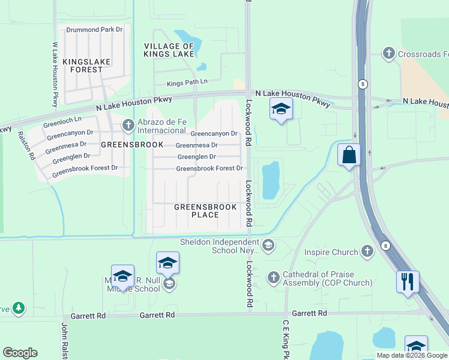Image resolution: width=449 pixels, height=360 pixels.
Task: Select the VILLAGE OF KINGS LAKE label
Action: tap(169, 50)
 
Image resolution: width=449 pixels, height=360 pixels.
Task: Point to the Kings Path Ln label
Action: tap(187, 82)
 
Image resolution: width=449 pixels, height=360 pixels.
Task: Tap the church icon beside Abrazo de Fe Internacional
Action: tap(128, 125)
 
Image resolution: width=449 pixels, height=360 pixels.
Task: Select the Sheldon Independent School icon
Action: tap(268, 245)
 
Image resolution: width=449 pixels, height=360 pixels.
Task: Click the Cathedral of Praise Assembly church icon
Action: tap(274, 277)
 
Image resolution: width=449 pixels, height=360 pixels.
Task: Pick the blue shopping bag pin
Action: tap(349, 156)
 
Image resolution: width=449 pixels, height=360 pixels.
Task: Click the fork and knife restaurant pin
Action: tap(408, 281)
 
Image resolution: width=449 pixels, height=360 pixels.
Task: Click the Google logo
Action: tap(20, 353)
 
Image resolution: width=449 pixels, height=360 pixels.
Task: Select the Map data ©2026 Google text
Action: tap(412, 355)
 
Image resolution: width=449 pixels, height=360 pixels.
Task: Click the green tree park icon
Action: tap(19, 308)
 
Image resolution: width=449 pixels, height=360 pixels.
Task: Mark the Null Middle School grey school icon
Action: tap(169, 284)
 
